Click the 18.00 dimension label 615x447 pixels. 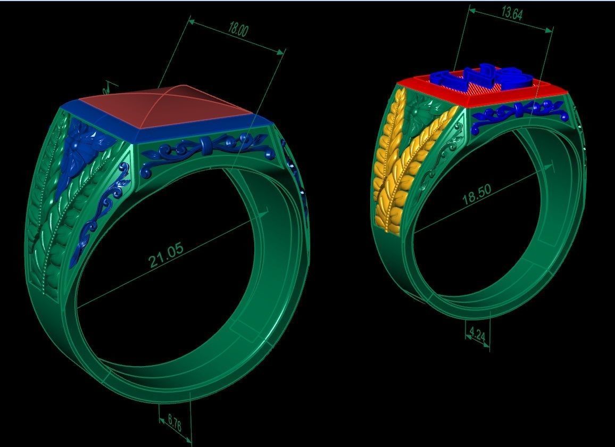(238, 29)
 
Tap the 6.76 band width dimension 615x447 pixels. (174, 425)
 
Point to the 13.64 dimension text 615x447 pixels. (512, 13)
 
